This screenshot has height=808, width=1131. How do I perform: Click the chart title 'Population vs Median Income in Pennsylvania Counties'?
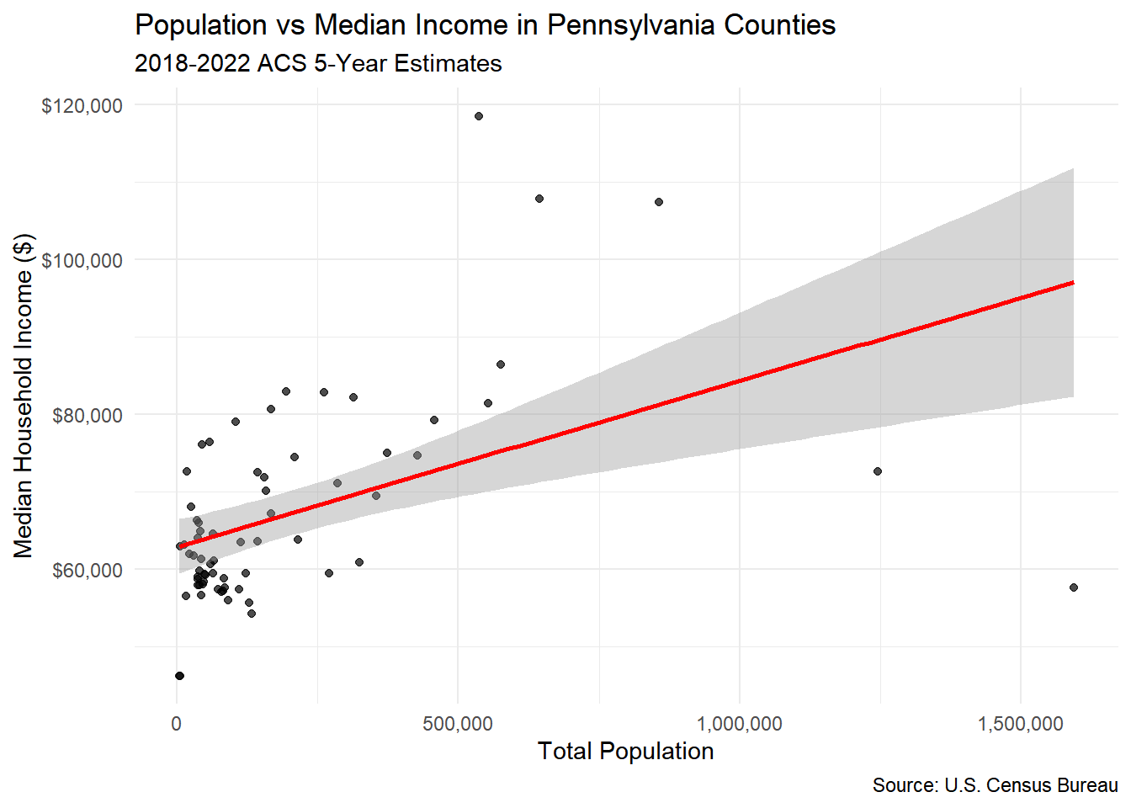click(x=485, y=25)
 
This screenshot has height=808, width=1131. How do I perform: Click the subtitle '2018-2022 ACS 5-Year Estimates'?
click(x=318, y=64)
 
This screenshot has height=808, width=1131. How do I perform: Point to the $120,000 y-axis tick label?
click(x=82, y=105)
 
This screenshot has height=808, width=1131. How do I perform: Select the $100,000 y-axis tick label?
click(x=82, y=260)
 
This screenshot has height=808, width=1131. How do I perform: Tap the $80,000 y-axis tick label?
click(x=87, y=415)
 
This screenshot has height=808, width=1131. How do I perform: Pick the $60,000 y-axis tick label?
click(x=87, y=570)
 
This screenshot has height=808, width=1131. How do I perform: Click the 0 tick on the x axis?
click(x=176, y=724)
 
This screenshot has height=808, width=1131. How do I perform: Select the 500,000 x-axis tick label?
click(x=458, y=724)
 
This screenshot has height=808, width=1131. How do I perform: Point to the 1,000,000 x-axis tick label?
click(x=739, y=724)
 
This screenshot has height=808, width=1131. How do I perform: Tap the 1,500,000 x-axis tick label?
click(x=1021, y=724)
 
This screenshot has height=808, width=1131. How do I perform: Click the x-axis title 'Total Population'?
click(x=625, y=751)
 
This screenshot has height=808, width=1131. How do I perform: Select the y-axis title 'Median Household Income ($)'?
click(x=24, y=396)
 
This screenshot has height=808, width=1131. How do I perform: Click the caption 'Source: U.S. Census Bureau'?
click(x=995, y=785)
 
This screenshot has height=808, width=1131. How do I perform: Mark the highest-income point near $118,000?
click(x=479, y=116)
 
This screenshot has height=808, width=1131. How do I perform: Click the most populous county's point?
click(x=1074, y=587)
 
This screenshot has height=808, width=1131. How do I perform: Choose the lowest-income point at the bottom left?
click(x=179, y=676)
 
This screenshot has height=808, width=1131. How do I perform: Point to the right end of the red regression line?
click(x=1073, y=283)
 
